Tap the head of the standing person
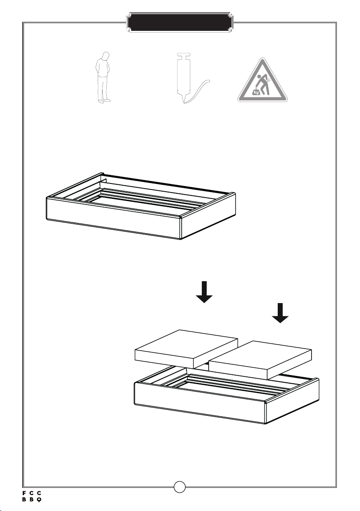pyautogui.click(x=105, y=56)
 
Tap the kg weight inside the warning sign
pyautogui.click(x=256, y=92)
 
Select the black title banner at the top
pyautogui.click(x=180, y=22)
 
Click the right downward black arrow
pyautogui.click(x=280, y=313)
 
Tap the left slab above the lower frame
pyautogui.click(x=186, y=349)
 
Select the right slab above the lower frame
pyautogui.click(x=260, y=360)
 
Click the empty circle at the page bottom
pyautogui.click(x=180, y=487)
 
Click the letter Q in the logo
pyautogui.click(x=39, y=499)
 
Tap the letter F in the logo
pyautogui.click(x=24, y=493)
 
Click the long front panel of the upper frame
pyautogui.click(x=114, y=218)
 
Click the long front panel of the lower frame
pyautogui.click(x=200, y=403)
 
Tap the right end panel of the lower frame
pyautogui.click(x=292, y=401)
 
